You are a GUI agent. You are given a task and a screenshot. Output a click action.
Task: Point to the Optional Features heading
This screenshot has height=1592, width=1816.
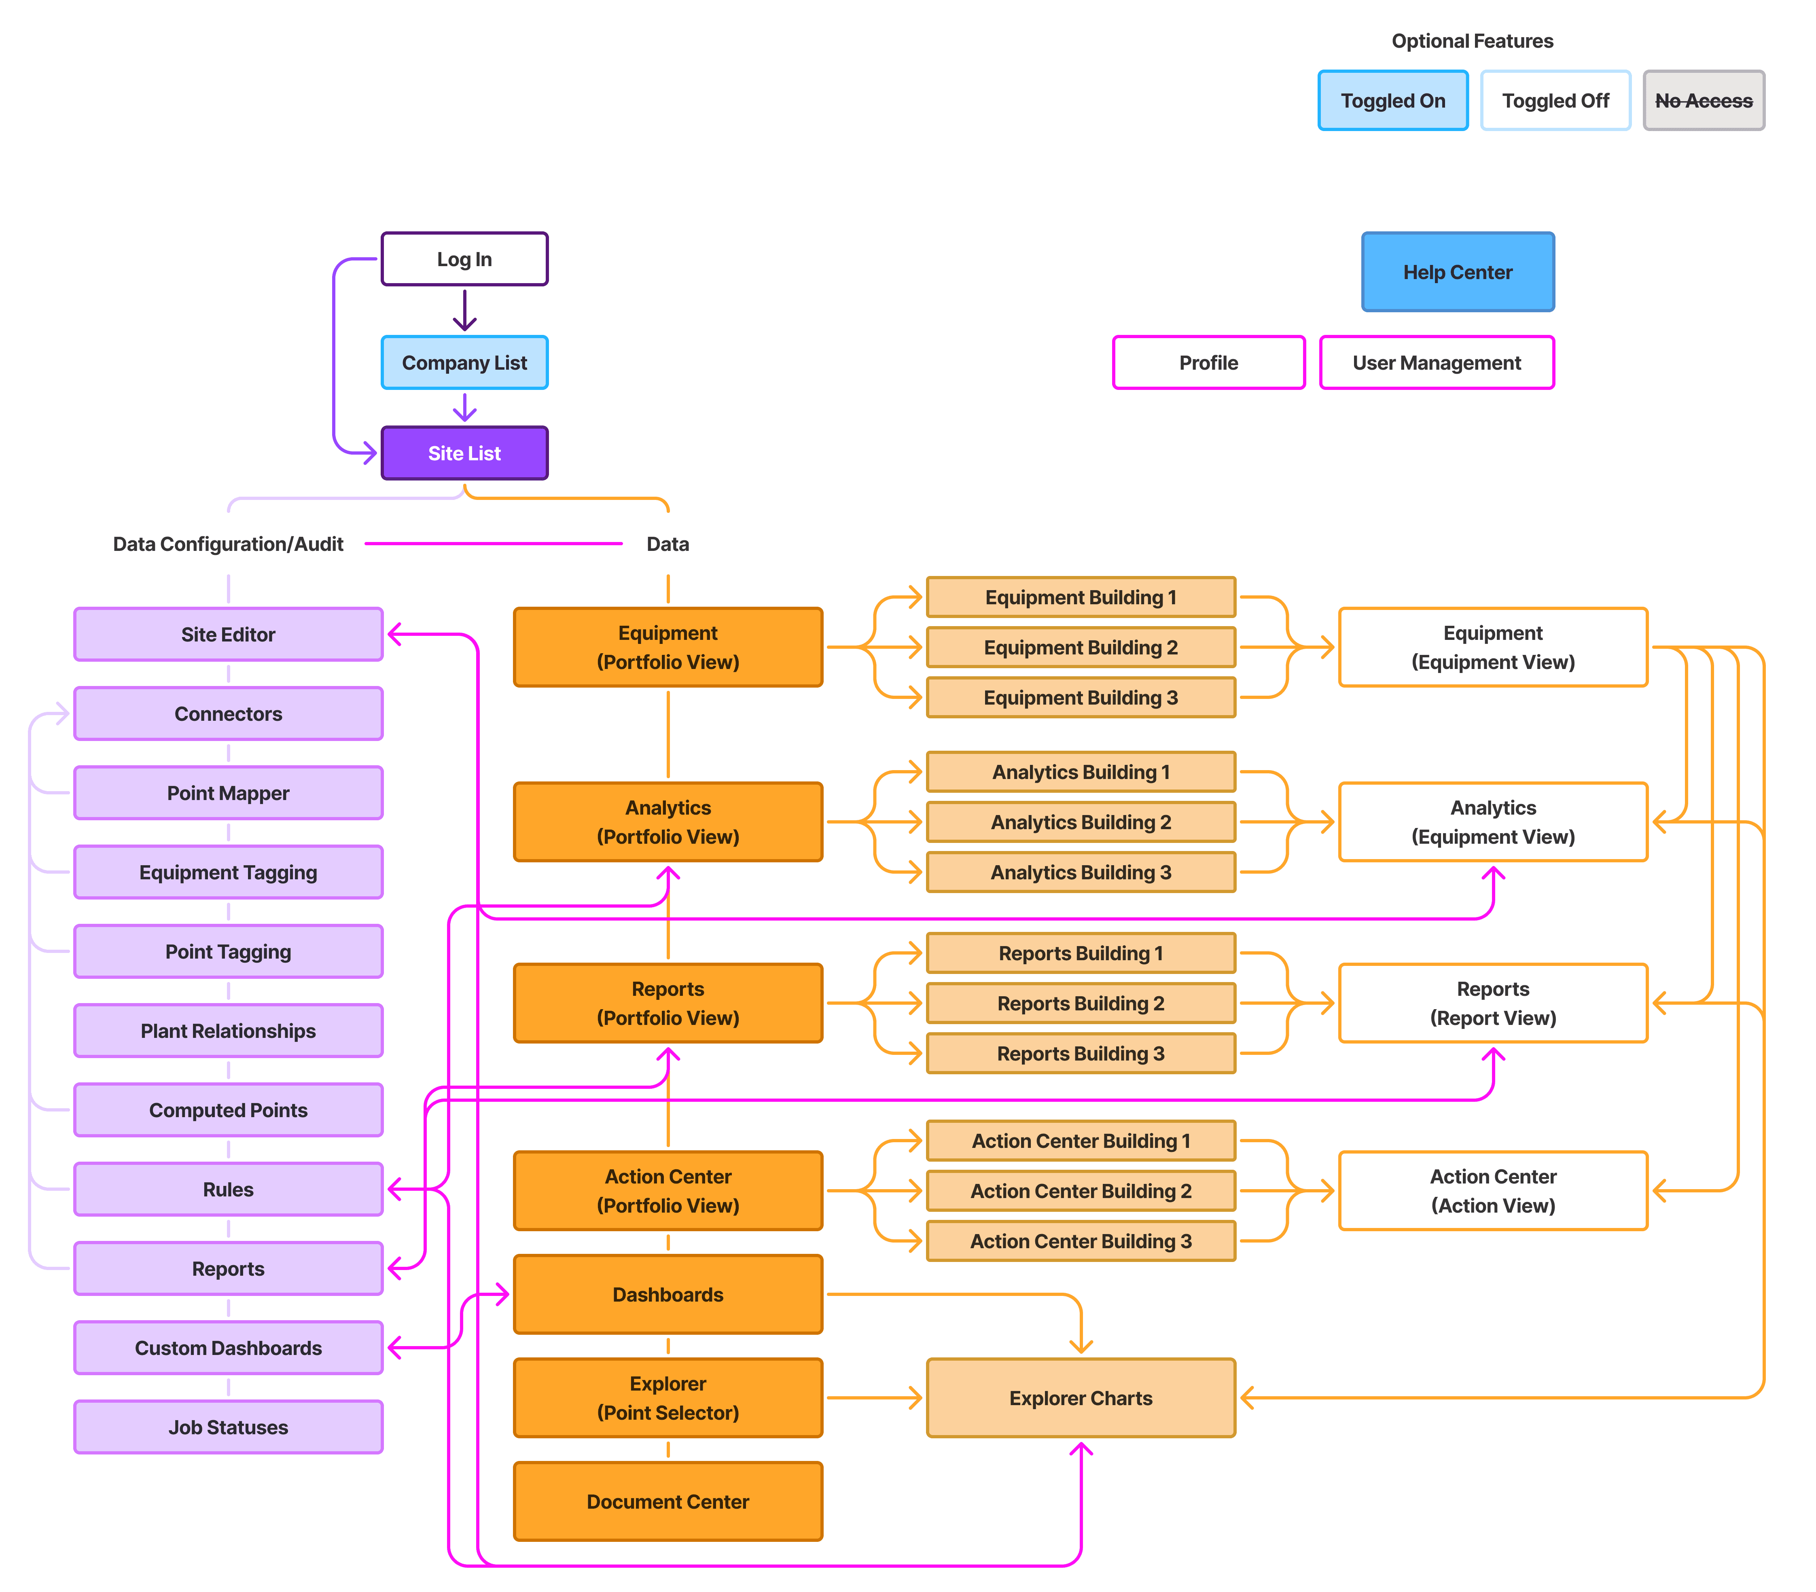1472,41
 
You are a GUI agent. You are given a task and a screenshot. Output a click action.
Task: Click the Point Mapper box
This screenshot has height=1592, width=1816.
228,792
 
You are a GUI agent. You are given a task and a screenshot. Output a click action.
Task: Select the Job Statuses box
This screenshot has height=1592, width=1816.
228,1427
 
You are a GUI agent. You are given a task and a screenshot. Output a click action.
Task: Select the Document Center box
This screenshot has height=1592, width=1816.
668,1501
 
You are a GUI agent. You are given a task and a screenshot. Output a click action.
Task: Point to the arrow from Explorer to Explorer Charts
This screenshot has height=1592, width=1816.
874,1397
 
